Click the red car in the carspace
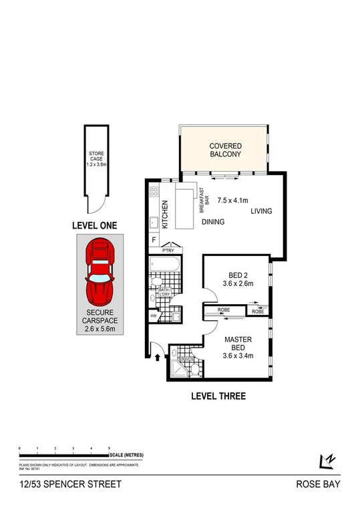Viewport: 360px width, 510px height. click(x=99, y=275)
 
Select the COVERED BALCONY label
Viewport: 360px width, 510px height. click(x=225, y=150)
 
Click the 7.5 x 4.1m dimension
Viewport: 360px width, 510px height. click(x=232, y=200)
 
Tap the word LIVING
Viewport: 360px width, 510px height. click(x=262, y=212)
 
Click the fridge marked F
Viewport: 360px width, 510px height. click(x=154, y=240)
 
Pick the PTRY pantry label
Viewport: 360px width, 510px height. click(x=176, y=251)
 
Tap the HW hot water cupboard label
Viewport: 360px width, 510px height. click(x=154, y=316)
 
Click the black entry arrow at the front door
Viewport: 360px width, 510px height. click(x=157, y=358)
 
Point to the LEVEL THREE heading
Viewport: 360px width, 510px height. click(x=218, y=396)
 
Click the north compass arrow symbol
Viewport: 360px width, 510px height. click(x=327, y=461)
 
